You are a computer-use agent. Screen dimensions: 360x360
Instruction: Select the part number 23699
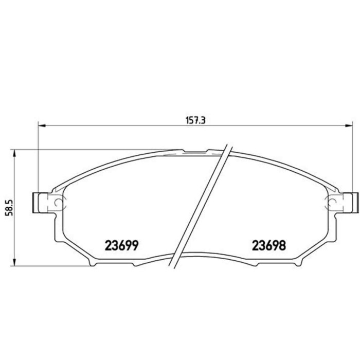[122, 245]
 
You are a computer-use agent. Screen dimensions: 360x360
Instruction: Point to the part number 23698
[268, 245]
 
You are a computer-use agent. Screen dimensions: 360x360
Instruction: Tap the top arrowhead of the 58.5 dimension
[13, 153]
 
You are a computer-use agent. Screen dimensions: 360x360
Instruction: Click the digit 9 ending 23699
[135, 245]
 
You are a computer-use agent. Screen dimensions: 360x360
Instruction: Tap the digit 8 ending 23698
[282, 245]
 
